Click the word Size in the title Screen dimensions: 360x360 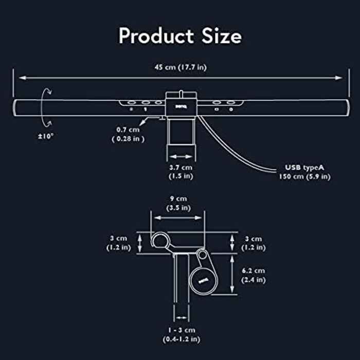coord(222,36)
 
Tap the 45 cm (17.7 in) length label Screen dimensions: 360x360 coord(181,67)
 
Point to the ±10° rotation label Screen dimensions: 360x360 coord(46,136)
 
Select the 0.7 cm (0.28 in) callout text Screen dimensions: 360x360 coord(128,134)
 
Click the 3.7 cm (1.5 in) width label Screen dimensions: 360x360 coord(181,172)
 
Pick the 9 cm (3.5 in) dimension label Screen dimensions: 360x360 coord(178,203)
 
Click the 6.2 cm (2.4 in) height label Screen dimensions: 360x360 coord(253,275)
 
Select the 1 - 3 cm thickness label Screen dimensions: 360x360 coord(182,334)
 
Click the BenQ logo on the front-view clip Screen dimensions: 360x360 coord(181,106)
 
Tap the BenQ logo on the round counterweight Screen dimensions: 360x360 coord(203,280)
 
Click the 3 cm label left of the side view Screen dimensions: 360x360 coord(118,243)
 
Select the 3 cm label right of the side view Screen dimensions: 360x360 coord(253,243)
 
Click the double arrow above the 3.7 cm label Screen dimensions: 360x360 coord(181,156)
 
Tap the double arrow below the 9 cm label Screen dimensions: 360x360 coord(178,218)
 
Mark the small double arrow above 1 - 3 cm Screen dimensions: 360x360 coord(182,318)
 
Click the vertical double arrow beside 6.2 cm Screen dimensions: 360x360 coord(232,274)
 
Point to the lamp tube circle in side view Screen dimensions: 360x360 coord(160,241)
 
